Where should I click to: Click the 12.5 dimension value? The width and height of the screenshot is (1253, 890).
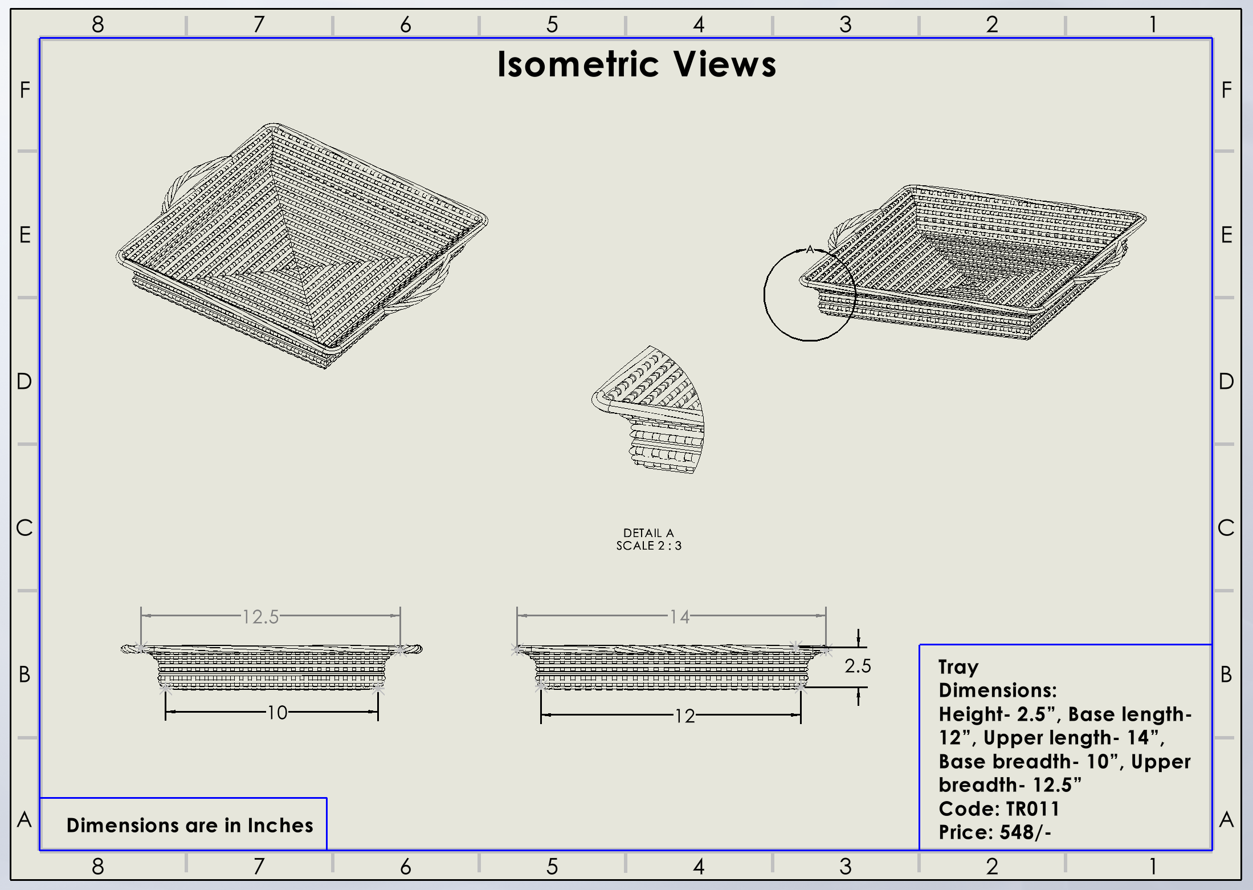tap(260, 616)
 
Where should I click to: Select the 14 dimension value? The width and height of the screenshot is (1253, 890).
tap(679, 616)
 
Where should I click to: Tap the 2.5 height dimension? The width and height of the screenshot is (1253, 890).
tap(858, 666)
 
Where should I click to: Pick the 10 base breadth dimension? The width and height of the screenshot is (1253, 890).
tap(277, 713)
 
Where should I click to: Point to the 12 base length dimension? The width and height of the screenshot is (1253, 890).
tap(684, 716)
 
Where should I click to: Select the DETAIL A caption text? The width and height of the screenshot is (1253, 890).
tap(648, 533)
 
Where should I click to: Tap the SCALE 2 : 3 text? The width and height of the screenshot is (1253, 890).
tap(648, 546)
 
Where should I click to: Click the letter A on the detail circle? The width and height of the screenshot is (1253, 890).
tap(810, 249)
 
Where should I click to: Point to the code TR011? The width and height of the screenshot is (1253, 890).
tap(1032, 809)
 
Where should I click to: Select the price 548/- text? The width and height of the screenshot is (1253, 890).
tap(1025, 832)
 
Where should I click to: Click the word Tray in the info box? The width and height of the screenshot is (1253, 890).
tap(958, 667)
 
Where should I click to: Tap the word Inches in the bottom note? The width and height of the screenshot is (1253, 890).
tap(280, 826)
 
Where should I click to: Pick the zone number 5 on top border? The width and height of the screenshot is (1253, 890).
tap(552, 25)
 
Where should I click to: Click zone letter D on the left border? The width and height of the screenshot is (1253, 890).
tap(24, 381)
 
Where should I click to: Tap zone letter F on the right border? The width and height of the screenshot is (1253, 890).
tap(1227, 90)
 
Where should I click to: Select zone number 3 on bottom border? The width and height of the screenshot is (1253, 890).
tap(845, 867)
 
